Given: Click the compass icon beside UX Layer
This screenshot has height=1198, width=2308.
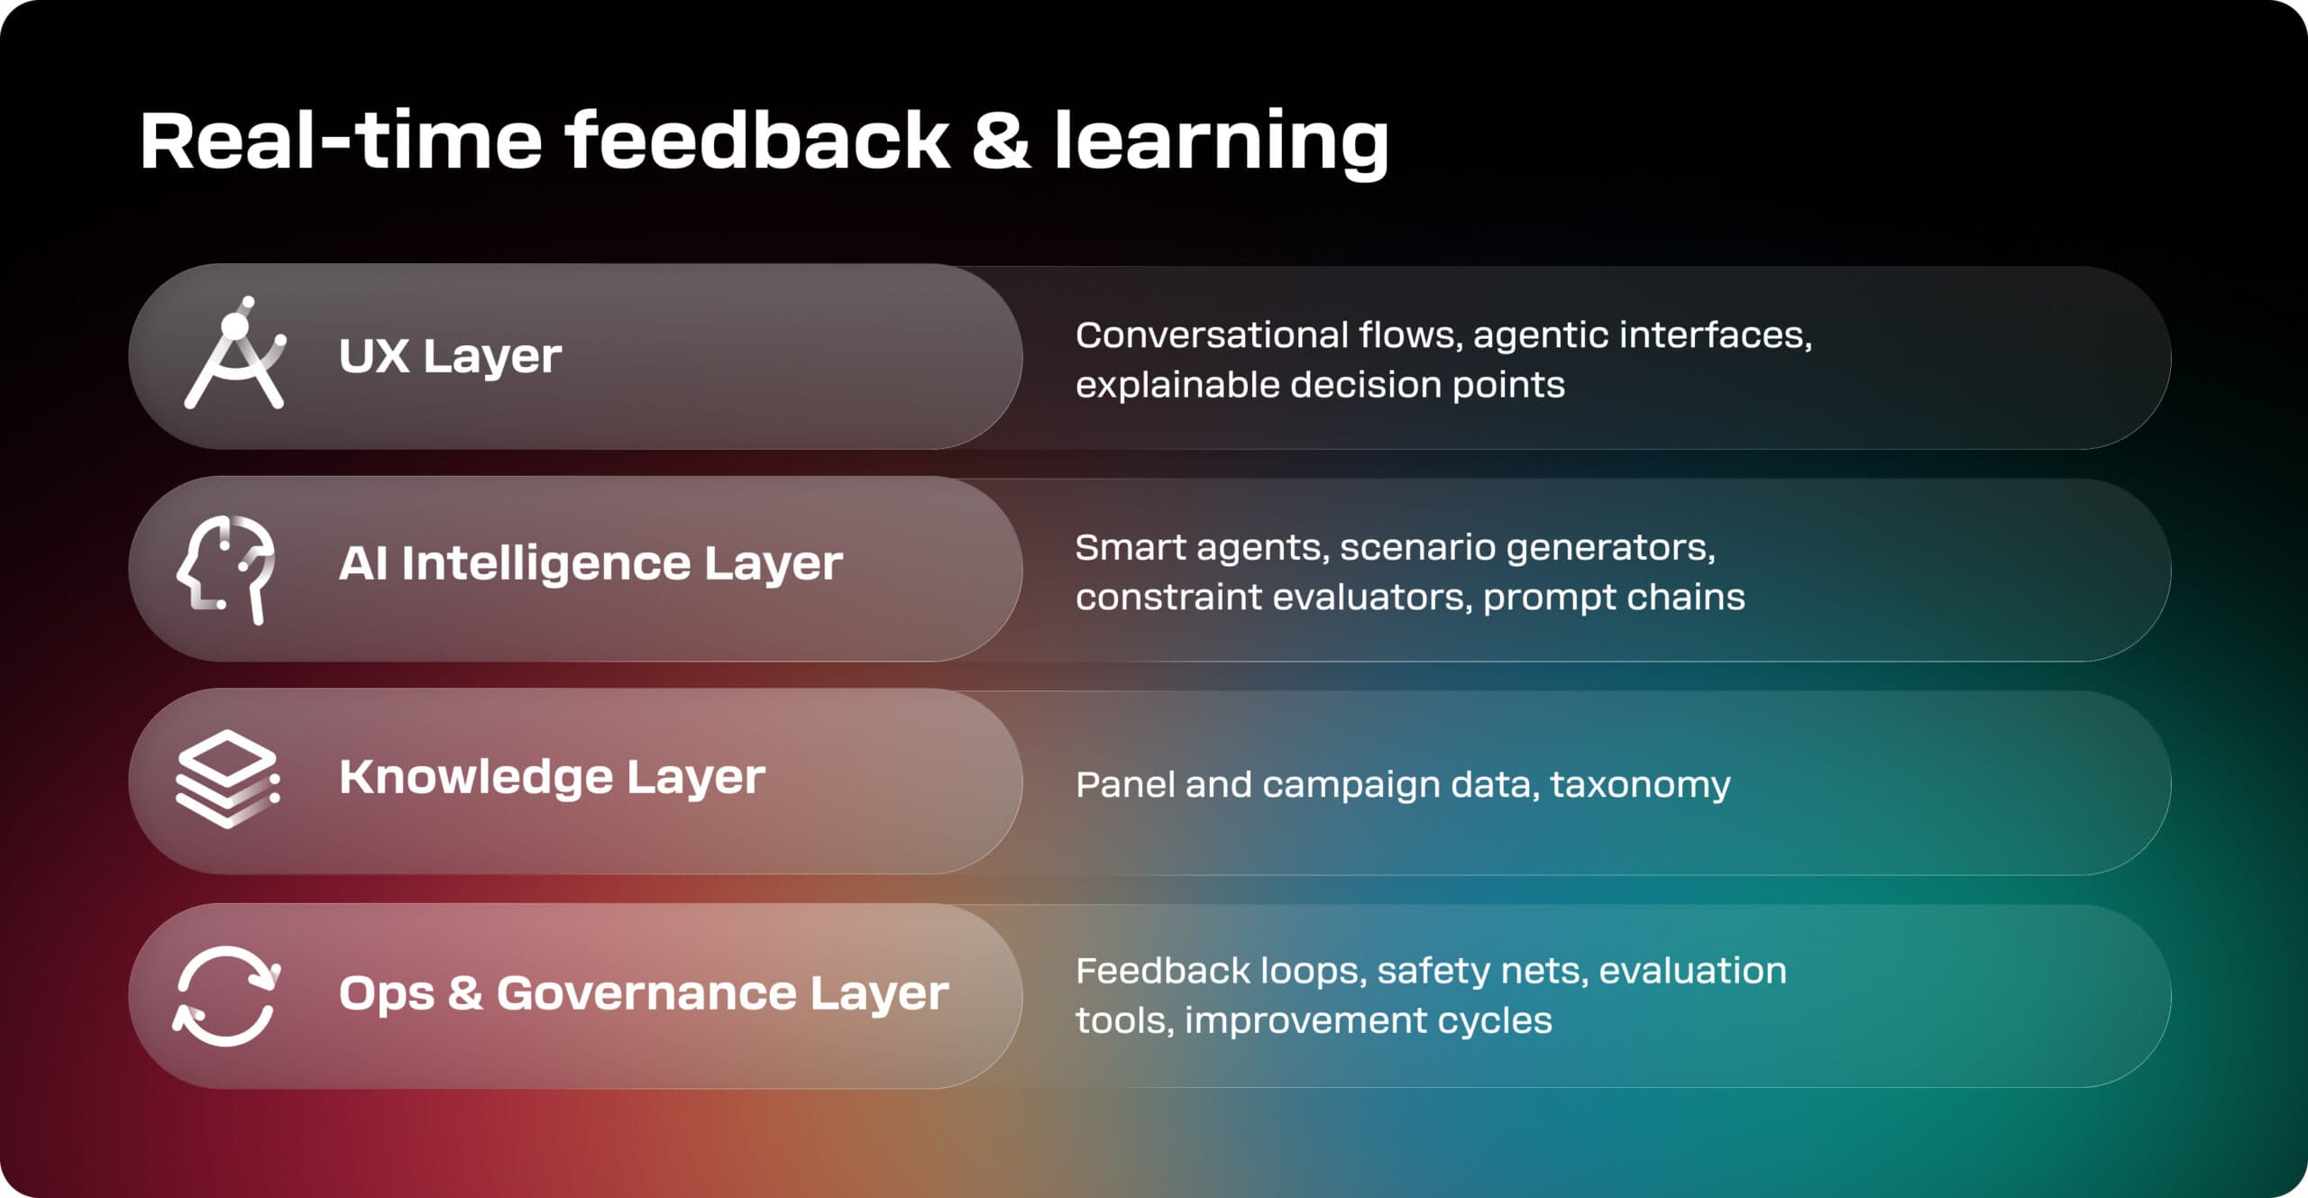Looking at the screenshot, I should pyautogui.click(x=235, y=354).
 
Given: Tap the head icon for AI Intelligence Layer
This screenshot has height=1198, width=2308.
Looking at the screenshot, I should pyautogui.click(x=226, y=568).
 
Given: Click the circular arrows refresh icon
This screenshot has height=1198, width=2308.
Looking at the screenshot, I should pyautogui.click(x=226, y=995).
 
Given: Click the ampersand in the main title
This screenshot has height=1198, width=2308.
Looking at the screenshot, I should pyautogui.click(x=1001, y=142).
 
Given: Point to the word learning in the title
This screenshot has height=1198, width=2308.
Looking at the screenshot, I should pyautogui.click(x=1221, y=142).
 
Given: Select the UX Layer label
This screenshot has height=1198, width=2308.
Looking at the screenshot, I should pyautogui.click(x=450, y=356).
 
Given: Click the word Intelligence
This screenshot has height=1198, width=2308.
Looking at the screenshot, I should pyautogui.click(x=545, y=564).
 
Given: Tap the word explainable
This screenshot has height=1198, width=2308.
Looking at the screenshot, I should pyautogui.click(x=1177, y=386).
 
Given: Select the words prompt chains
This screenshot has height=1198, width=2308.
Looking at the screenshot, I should pyautogui.click(x=1614, y=598).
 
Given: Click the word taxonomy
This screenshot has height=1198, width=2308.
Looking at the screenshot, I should pyautogui.click(x=1640, y=785).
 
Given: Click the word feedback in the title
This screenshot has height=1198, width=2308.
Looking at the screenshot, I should pyautogui.click(x=757, y=142).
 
